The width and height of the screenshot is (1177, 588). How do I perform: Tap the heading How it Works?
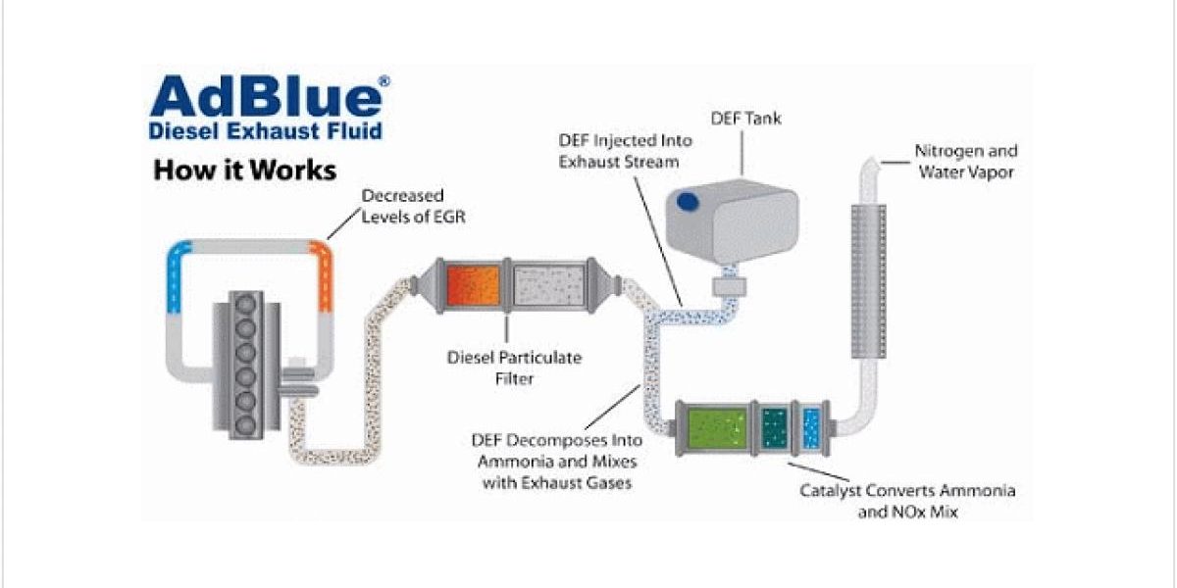pyautogui.click(x=244, y=170)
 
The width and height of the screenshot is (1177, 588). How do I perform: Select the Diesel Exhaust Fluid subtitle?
pyautogui.click(x=265, y=130)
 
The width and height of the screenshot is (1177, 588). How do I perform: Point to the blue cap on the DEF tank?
pyautogui.click(x=688, y=201)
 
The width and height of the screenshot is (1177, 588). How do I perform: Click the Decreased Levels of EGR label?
pyautogui.click(x=413, y=206)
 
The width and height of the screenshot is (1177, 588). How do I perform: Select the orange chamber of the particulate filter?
pyautogui.click(x=472, y=285)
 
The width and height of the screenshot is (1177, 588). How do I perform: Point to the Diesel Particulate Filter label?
pyautogui.click(x=514, y=367)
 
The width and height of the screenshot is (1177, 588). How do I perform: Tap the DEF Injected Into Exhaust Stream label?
pyautogui.click(x=619, y=150)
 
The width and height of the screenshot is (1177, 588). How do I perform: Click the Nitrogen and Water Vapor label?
pyautogui.click(x=966, y=162)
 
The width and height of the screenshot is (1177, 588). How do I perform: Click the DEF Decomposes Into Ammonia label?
pyautogui.click(x=558, y=462)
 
